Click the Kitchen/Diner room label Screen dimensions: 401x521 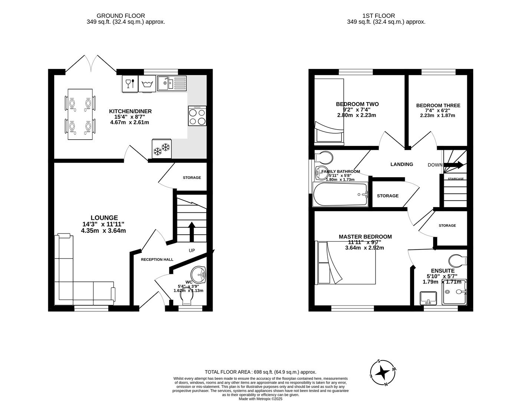[130, 111]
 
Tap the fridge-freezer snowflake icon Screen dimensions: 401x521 [161, 149]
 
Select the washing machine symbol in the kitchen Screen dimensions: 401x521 [147, 84]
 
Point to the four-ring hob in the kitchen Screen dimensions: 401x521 [197, 116]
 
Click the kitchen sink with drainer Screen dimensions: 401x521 [171, 83]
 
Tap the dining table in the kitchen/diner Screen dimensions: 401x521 [80, 114]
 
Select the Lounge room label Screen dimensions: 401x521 [104, 218]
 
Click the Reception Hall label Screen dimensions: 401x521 [157, 260]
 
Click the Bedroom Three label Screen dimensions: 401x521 [438, 105]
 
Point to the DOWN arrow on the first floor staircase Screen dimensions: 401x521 [453, 165]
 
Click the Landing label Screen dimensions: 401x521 [402, 164]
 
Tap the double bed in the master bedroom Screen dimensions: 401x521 [345, 263]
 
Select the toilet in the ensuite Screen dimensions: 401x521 [458, 260]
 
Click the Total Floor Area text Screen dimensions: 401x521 [260, 372]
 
